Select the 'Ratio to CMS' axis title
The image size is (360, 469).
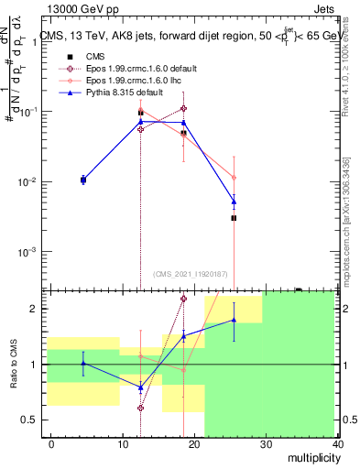click(x=15, y=377)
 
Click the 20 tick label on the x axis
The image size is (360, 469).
click(x=195, y=444)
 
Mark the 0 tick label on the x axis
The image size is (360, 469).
click(x=50, y=444)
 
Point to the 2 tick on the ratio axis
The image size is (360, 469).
click(x=38, y=309)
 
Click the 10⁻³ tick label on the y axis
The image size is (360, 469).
click(x=28, y=251)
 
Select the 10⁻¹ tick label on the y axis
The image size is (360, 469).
click(x=28, y=111)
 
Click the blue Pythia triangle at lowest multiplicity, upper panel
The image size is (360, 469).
click(x=83, y=180)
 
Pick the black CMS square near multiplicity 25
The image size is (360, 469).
click(x=234, y=218)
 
